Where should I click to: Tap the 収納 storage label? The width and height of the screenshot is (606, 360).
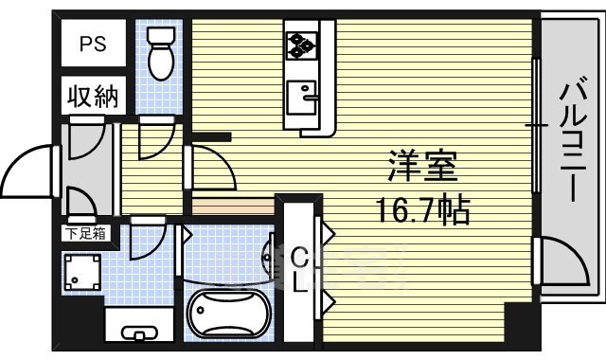point(92,96)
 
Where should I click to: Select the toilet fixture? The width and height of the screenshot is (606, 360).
point(162,52)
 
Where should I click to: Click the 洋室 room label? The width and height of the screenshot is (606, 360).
point(422,166)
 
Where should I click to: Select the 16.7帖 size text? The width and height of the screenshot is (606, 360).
point(421,210)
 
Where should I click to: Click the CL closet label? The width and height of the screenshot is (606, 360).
point(300,270)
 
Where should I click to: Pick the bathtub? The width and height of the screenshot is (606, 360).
point(228,314)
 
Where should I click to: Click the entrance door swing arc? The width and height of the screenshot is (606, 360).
point(28,171)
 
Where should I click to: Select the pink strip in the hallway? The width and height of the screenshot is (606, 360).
point(232,204)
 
